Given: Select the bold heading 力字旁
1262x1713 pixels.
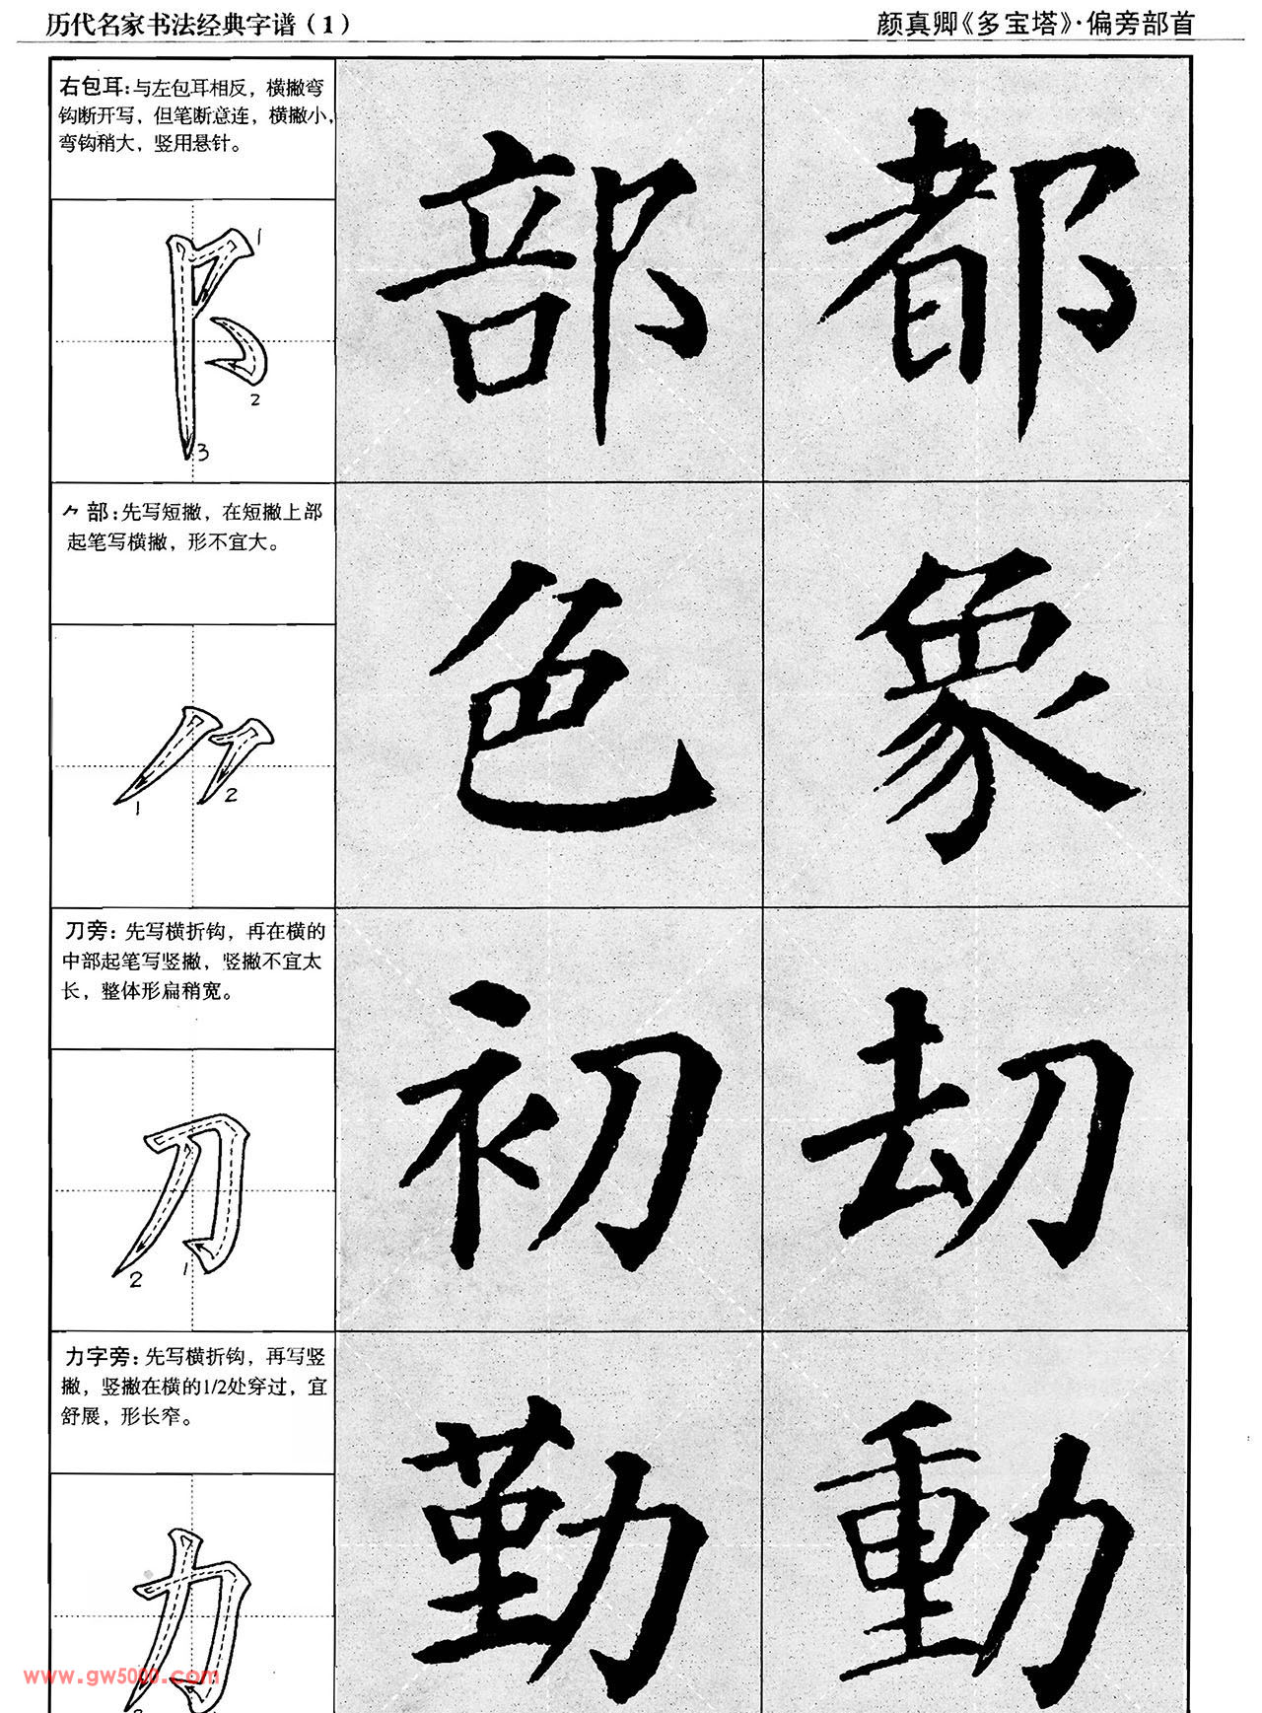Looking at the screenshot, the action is (97, 1356).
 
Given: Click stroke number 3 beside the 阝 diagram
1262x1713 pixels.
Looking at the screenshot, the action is (202, 453).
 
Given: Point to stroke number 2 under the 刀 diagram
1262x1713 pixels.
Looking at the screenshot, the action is (136, 1280).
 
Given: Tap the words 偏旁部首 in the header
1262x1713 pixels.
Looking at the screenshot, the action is (1141, 24).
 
